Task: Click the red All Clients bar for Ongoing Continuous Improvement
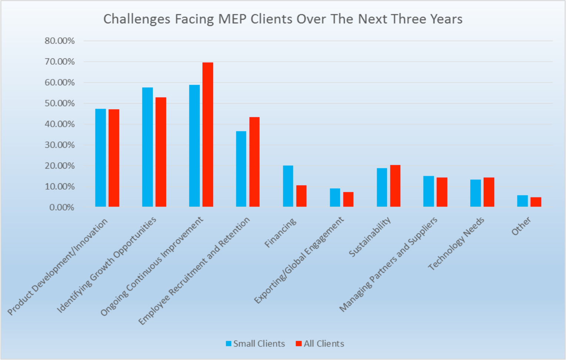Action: click(x=208, y=135)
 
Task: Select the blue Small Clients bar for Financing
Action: click(x=288, y=186)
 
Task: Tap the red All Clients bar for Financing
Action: click(x=301, y=196)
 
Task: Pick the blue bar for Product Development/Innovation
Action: click(x=100, y=157)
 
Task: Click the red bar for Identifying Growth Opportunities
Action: click(x=161, y=152)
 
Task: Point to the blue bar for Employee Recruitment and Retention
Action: click(x=241, y=169)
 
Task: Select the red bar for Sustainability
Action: click(x=395, y=186)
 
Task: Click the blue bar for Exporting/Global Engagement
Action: click(x=335, y=197)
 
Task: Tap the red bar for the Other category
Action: click(x=536, y=202)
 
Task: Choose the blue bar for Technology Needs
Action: click(x=475, y=193)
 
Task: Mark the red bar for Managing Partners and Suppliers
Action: click(x=442, y=192)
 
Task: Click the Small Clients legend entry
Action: click(x=255, y=344)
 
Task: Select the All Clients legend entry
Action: click(x=320, y=344)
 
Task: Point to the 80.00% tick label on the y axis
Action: click(x=60, y=41)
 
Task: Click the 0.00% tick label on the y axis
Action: click(x=62, y=207)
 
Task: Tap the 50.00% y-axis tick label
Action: click(x=60, y=103)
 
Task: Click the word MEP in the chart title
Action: click(x=232, y=19)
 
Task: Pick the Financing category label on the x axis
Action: click(x=280, y=233)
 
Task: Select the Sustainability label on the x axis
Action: click(x=370, y=237)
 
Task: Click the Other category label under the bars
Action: click(x=521, y=226)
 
